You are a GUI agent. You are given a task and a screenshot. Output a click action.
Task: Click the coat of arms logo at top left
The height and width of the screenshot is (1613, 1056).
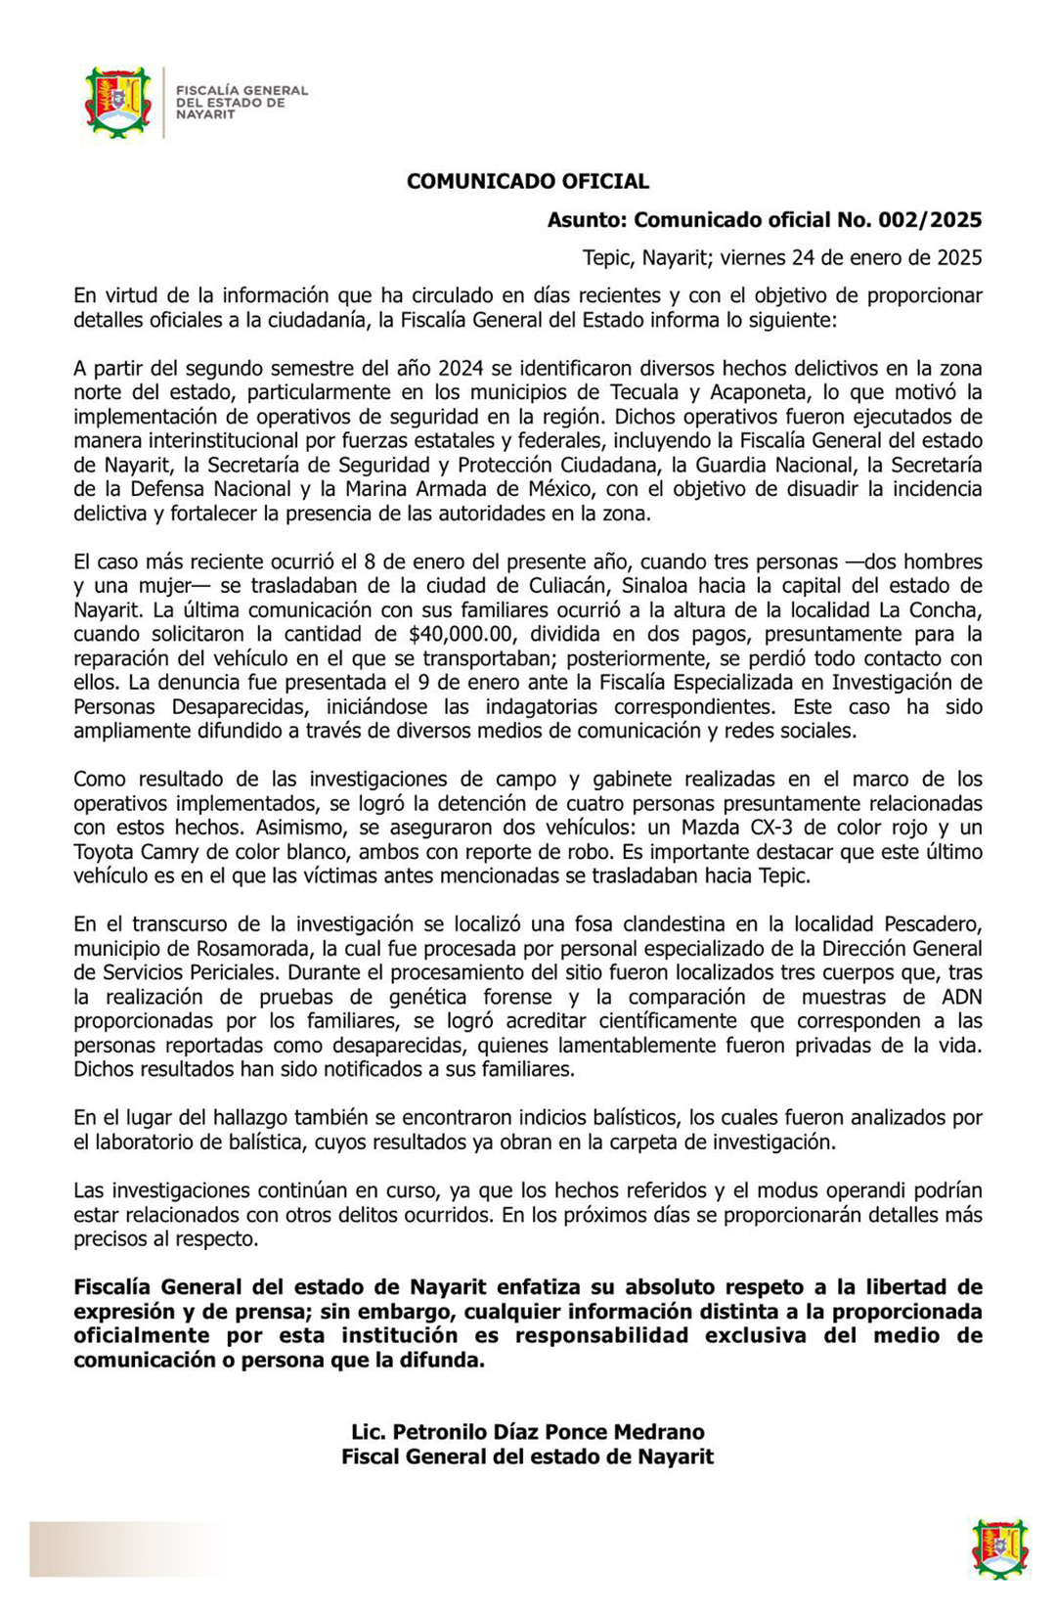117,102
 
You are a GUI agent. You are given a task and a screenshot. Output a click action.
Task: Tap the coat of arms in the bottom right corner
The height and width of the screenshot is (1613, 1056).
999,1548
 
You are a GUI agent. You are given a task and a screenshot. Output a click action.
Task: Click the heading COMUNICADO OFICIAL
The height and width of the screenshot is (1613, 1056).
528,181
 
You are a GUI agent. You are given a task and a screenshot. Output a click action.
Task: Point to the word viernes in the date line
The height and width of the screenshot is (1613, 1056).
754,258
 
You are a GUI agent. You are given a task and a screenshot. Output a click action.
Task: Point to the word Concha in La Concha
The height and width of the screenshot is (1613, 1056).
946,610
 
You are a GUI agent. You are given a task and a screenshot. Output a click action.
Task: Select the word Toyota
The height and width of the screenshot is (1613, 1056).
106,852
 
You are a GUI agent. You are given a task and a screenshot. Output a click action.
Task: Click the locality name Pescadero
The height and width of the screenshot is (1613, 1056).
933,924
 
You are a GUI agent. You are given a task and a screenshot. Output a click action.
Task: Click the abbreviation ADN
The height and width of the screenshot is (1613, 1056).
960,997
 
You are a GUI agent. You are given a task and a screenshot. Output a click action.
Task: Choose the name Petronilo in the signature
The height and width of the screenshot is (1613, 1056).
437,1432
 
